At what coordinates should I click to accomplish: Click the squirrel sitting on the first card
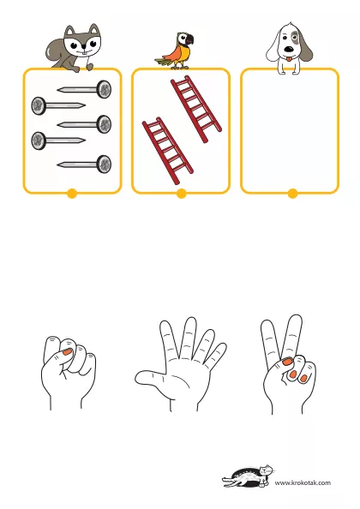click(75, 49)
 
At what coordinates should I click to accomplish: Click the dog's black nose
click(289, 50)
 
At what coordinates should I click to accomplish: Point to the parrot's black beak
click(190, 39)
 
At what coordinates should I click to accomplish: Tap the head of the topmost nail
click(105, 89)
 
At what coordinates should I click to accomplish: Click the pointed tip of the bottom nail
click(58, 165)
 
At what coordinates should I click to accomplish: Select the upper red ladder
click(196, 109)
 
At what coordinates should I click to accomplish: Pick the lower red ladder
click(167, 151)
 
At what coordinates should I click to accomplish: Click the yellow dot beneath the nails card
click(72, 194)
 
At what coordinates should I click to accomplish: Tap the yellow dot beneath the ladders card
click(181, 194)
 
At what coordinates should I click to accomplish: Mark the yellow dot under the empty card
click(292, 194)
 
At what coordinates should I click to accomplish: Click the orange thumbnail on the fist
click(67, 351)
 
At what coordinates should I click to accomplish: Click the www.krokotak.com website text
click(303, 482)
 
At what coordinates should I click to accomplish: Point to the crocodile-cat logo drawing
click(249, 476)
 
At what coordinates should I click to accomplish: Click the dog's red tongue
click(288, 59)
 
